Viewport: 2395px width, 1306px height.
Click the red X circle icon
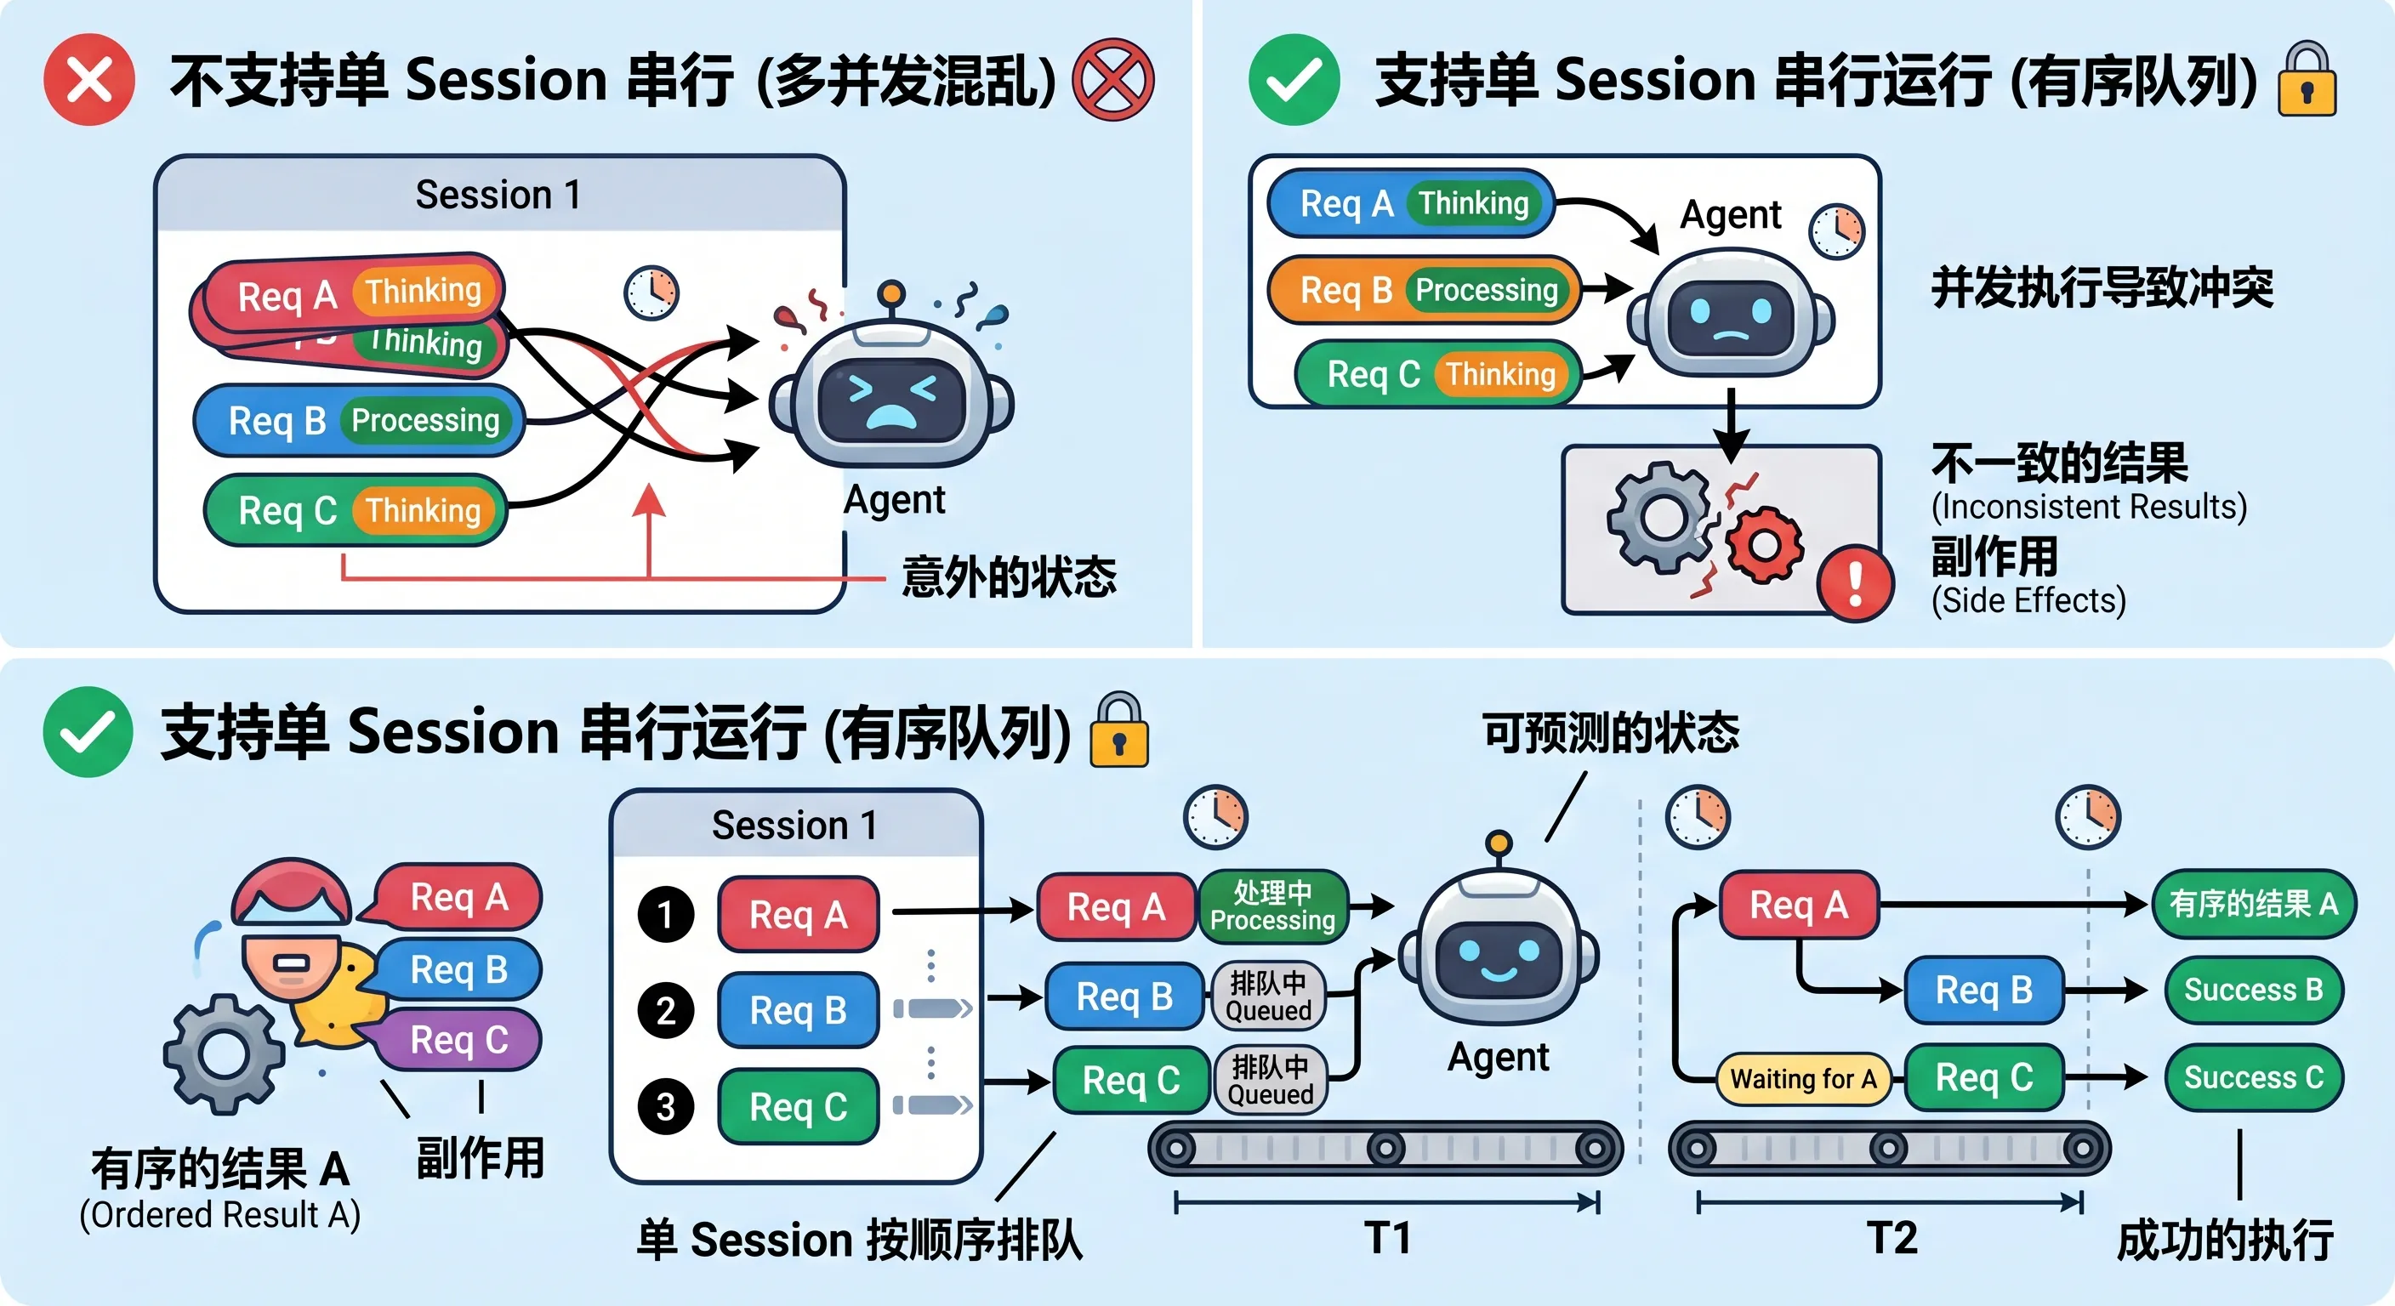pos(89,79)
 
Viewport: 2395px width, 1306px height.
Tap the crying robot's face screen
pos(890,400)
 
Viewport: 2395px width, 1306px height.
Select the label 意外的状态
pos(1009,576)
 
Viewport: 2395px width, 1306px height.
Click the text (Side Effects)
pos(2028,600)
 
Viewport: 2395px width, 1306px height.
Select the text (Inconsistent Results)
pos(2088,507)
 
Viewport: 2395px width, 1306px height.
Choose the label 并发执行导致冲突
pos(2102,287)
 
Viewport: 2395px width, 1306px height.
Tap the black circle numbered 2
pos(666,1010)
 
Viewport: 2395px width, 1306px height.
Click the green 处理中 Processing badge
pos(1271,906)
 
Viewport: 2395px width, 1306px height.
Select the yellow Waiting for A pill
pos(1803,1079)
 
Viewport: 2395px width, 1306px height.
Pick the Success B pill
pos(2253,990)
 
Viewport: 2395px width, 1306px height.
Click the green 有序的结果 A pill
pos(2253,904)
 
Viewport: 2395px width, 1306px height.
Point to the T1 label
pos(1387,1238)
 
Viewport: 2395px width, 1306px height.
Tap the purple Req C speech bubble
pos(458,1039)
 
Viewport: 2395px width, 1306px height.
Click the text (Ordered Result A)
pos(219,1215)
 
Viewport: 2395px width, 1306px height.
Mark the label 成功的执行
pos(2225,1240)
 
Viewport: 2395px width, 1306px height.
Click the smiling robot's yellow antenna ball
pos(1498,844)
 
